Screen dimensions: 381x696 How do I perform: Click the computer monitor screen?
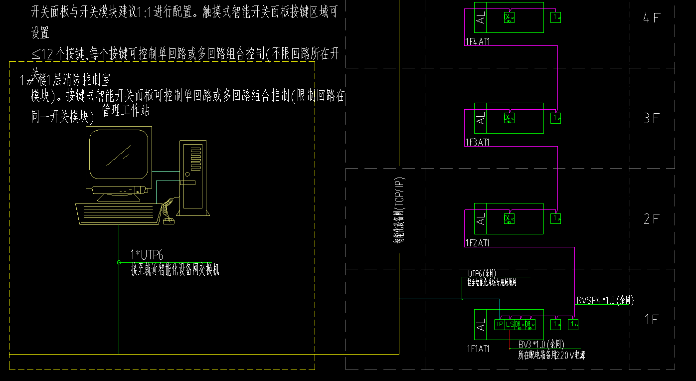119,155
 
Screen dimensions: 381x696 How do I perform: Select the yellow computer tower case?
192,178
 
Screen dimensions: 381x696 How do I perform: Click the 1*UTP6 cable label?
147,255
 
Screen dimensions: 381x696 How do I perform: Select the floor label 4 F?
651,18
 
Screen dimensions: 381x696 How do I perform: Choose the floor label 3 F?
651,119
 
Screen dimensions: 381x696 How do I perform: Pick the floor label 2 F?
651,219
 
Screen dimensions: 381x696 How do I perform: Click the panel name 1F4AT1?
477,42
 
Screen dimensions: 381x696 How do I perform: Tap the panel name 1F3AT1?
477,142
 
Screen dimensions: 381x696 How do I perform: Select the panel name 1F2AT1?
477,243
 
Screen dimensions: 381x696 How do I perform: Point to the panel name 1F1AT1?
478,349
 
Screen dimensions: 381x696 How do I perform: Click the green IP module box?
500,324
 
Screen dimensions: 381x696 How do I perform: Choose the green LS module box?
510,324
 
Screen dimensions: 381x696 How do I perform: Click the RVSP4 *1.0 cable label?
605,300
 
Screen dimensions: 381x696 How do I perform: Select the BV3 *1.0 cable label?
541,344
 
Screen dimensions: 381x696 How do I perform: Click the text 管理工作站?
126,111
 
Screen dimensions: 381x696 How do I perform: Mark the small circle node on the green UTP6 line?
119,262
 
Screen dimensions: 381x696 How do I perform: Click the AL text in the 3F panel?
481,119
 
